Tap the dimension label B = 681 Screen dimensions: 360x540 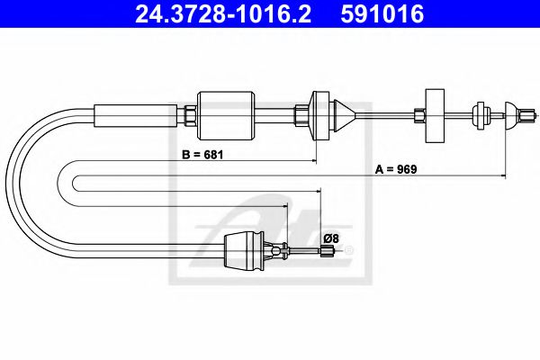pos(202,154)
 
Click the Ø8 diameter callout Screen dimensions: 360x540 pos(330,238)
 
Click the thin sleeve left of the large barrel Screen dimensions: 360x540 pos(136,114)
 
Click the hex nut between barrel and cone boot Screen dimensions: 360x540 pos(301,114)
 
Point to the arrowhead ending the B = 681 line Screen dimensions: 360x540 pos(314,160)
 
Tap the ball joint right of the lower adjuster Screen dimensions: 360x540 pos(286,251)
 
